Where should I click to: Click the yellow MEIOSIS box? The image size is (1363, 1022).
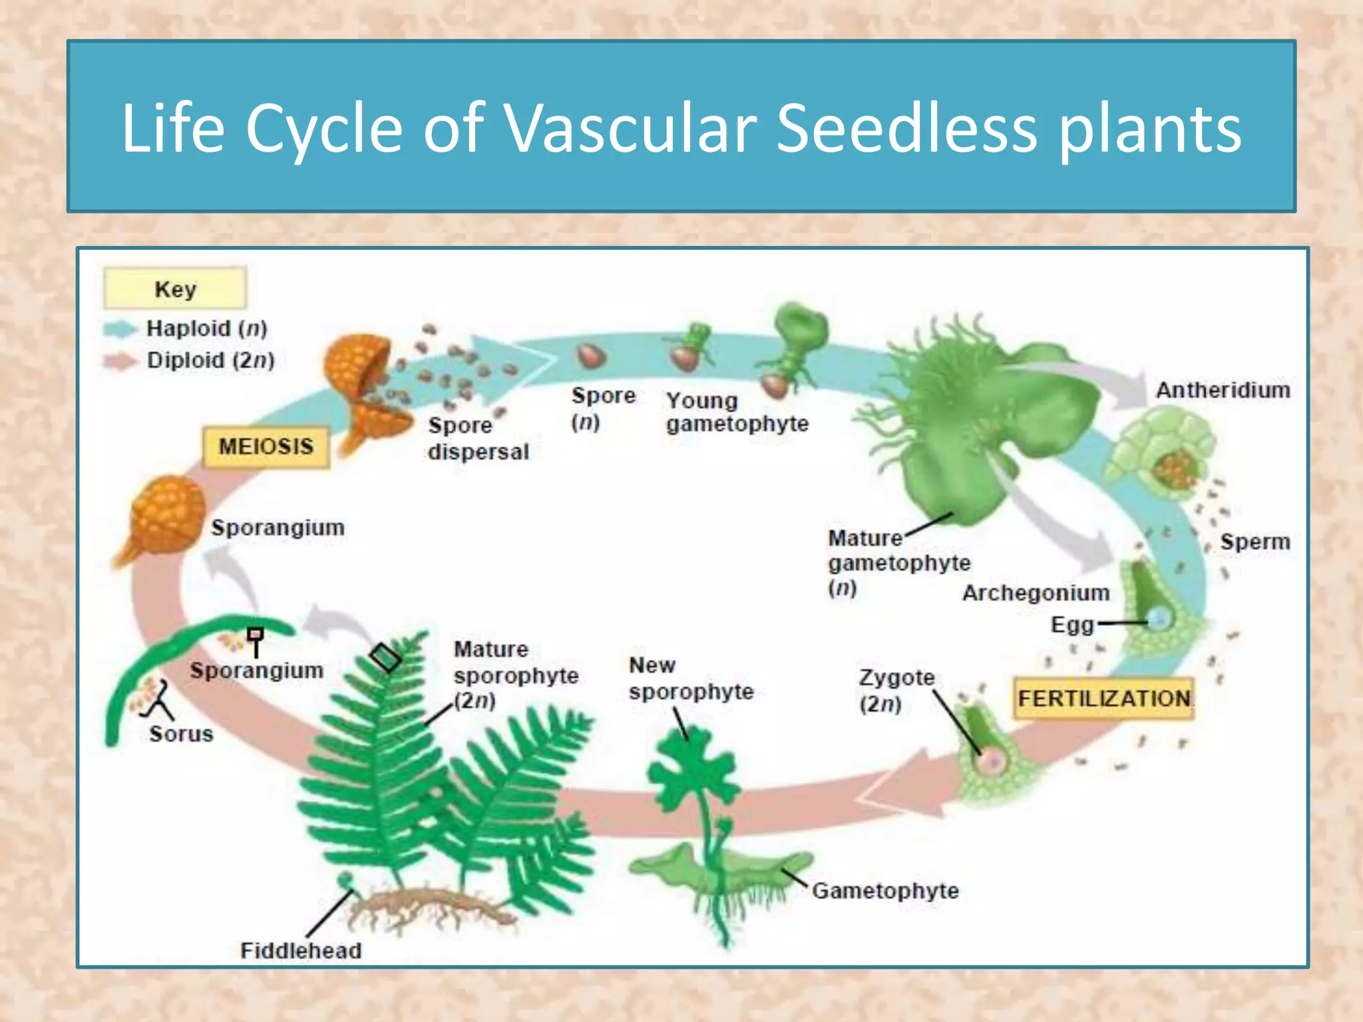(x=266, y=446)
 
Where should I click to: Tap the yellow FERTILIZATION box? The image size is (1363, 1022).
(x=1103, y=699)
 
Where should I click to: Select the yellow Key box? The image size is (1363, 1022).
(x=175, y=288)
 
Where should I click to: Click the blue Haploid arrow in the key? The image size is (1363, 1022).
(x=120, y=329)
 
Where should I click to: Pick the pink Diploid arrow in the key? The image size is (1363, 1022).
(x=120, y=361)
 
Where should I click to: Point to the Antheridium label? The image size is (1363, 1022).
(x=1223, y=390)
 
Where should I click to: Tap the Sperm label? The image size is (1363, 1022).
(x=1255, y=542)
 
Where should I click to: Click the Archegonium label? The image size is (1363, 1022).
(x=1036, y=593)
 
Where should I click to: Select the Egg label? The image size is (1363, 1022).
(x=1071, y=625)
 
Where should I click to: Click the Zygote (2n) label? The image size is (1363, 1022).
(x=896, y=690)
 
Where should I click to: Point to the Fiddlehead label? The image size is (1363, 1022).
(x=301, y=950)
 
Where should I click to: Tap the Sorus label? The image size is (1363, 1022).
(x=181, y=734)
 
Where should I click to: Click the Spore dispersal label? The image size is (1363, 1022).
(x=478, y=438)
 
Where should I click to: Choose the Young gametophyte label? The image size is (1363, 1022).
(x=737, y=412)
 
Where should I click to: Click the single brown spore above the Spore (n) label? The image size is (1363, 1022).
(x=591, y=356)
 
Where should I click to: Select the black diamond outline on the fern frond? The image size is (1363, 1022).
(x=385, y=658)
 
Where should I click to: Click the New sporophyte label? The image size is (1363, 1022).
(x=691, y=678)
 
